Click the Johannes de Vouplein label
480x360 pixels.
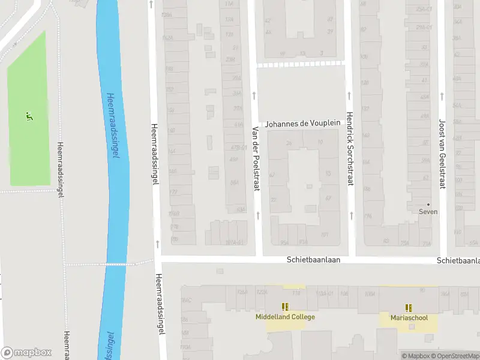click(x=303, y=123)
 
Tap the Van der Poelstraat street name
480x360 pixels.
click(x=255, y=159)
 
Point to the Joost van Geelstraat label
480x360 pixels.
click(x=442, y=153)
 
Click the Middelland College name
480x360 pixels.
click(x=285, y=317)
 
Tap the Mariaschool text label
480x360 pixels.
click(x=409, y=317)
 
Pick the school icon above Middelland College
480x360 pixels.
click(x=285, y=307)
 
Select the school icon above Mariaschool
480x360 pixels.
click(x=409, y=307)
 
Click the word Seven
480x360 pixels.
click(x=428, y=212)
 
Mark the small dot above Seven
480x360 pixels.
click(x=428, y=205)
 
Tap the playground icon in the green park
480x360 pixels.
click(x=28, y=115)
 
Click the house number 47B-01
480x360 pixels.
click(x=238, y=148)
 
